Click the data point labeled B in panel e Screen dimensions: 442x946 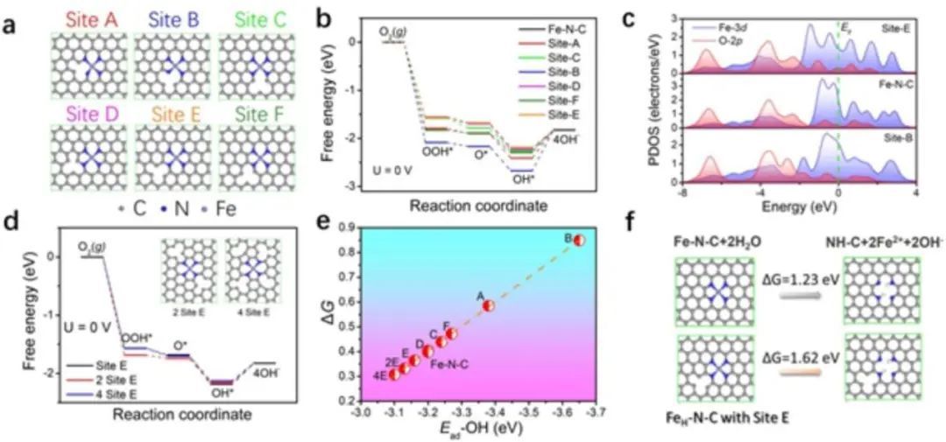coord(579,240)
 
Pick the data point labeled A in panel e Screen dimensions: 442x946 coord(489,305)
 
